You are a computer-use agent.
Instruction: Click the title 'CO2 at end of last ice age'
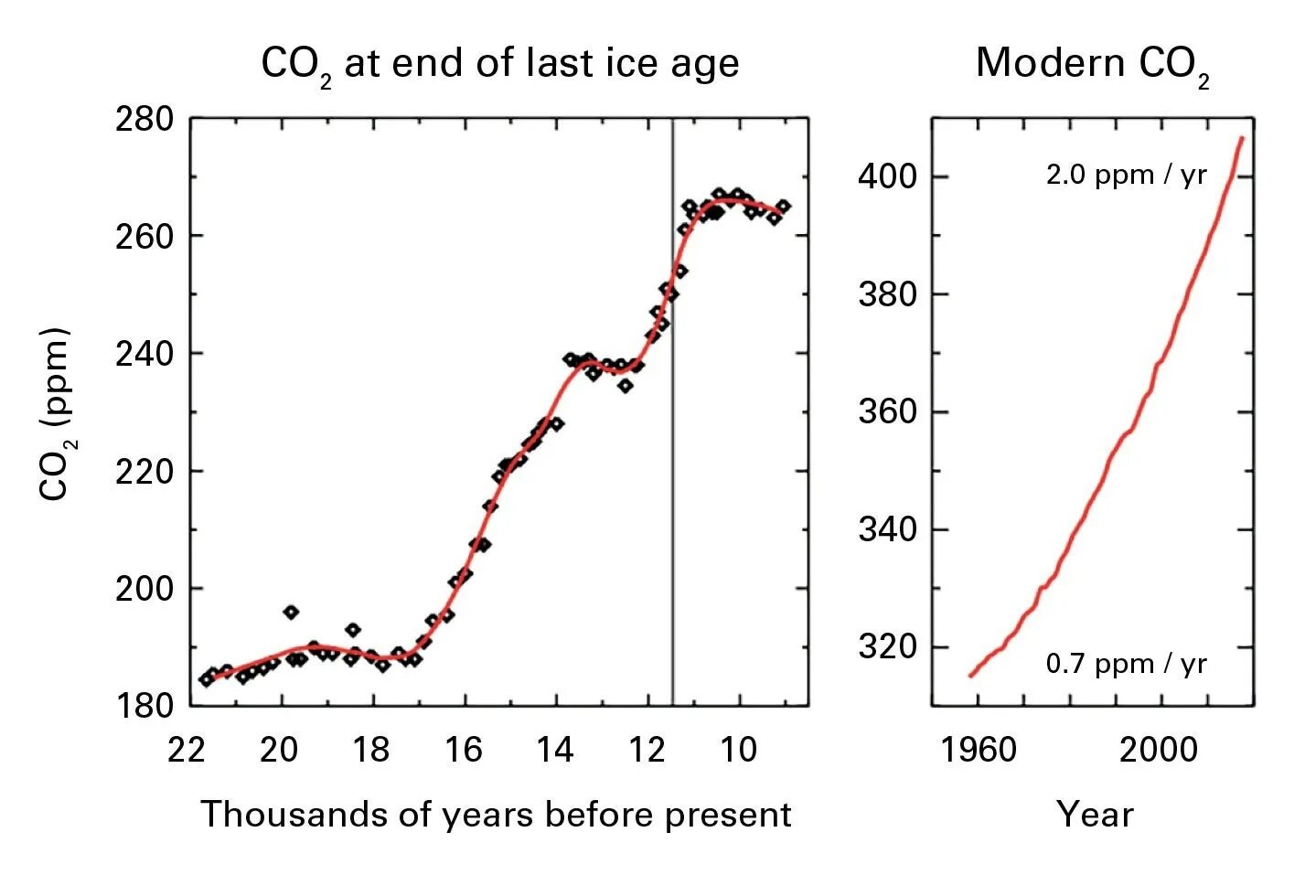(499, 64)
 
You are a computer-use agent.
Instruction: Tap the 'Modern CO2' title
(1092, 64)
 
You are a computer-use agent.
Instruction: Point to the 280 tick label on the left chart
(144, 119)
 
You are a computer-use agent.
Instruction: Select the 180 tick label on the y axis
(144, 706)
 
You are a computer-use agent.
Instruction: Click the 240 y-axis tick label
(144, 354)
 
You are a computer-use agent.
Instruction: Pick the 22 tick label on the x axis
(187, 750)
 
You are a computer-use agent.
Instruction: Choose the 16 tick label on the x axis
(463, 750)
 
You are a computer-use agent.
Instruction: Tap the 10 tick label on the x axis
(739, 750)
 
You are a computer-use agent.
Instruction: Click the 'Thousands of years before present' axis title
(496, 814)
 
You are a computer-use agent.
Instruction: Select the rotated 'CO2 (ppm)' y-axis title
(56, 413)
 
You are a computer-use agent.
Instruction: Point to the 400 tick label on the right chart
(886, 176)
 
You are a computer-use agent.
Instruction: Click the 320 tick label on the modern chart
(886, 646)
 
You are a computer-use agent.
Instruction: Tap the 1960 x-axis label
(979, 750)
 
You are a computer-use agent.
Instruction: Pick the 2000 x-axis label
(1158, 750)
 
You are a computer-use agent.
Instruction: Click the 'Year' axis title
(1095, 814)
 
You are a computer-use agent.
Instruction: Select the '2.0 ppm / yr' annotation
(1127, 175)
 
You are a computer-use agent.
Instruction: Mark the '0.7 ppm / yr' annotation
(1127, 664)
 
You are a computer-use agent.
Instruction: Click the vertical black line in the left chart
(673, 411)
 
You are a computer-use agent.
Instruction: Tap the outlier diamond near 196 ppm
(291, 612)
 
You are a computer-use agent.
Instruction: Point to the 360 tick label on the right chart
(886, 411)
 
